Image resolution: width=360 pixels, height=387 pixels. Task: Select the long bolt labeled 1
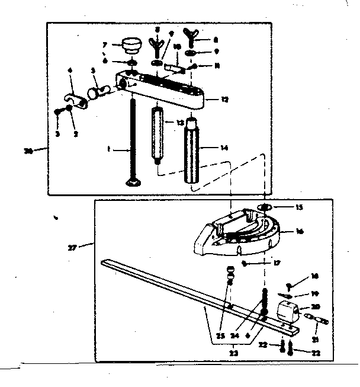[131, 142]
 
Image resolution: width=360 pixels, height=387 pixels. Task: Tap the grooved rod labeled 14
[193, 153]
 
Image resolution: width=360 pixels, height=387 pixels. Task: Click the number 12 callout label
[225, 100]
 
